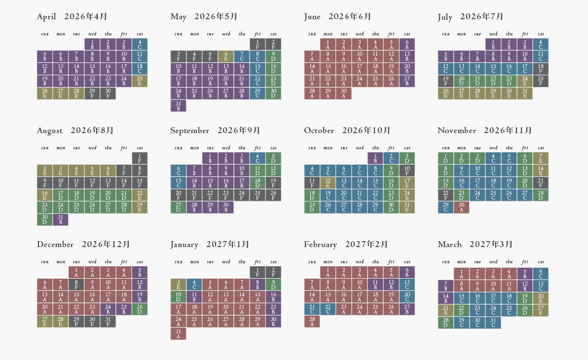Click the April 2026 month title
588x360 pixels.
[72, 17]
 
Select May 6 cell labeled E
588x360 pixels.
[226, 56]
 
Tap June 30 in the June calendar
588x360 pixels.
[344, 93]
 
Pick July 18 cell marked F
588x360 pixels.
[541, 69]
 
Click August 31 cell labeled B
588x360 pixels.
[61, 219]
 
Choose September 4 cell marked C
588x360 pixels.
[257, 158]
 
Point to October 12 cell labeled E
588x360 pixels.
[328, 182]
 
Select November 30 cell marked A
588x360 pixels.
[461, 207]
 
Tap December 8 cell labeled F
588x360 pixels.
[76, 284]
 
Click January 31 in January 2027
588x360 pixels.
[179, 333]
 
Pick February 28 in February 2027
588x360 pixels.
[312, 321]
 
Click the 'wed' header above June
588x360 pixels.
[360, 34]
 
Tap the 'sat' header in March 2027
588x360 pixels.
[541, 262]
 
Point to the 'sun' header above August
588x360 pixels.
[45, 148]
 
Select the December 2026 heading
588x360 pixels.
[83, 245]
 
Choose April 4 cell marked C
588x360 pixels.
[140, 44]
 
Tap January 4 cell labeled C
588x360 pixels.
[194, 284]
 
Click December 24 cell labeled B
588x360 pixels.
[108, 309]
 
